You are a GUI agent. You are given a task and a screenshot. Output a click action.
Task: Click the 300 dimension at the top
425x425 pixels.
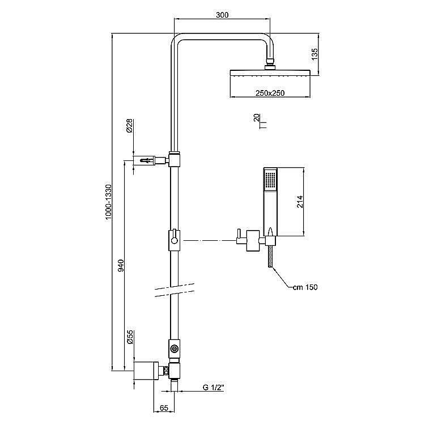point(222,15)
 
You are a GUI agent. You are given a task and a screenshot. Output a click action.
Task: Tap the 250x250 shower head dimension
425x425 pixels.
point(269,93)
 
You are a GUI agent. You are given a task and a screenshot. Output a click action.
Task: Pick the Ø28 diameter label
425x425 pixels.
point(130,126)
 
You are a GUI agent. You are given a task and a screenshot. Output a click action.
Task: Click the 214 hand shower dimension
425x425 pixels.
point(301,201)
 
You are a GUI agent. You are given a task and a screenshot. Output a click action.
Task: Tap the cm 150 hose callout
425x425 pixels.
point(305,287)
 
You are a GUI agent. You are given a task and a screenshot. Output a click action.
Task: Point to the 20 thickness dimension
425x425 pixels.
point(257,118)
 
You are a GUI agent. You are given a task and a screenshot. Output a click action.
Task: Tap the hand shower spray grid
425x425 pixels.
point(269,180)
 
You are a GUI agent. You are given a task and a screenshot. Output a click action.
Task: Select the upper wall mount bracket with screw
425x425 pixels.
point(150,161)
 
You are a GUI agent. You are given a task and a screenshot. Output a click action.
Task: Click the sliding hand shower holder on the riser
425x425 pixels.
point(175,240)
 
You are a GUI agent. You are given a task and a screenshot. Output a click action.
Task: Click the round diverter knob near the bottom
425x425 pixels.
point(175,348)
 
